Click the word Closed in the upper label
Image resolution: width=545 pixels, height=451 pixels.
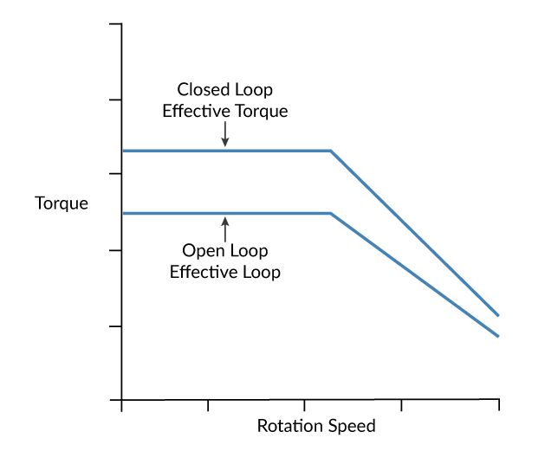[x=201, y=90]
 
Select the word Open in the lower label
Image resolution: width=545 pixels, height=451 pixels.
[x=200, y=251]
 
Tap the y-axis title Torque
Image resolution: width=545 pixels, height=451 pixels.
[x=62, y=205]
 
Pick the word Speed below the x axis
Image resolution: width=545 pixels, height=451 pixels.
[x=355, y=427]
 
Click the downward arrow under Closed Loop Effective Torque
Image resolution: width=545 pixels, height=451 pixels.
[x=225, y=133]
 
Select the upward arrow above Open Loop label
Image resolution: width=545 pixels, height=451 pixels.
[x=225, y=229]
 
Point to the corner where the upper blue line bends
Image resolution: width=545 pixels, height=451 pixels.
[x=331, y=151]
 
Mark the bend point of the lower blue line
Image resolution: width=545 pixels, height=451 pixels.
[x=331, y=213]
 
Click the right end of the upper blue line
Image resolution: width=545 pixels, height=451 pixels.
[x=498, y=315]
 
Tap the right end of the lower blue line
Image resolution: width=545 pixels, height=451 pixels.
[x=498, y=336]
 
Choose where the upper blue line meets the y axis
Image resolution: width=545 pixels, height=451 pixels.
[x=122, y=151]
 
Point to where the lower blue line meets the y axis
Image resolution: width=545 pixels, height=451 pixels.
[x=122, y=213]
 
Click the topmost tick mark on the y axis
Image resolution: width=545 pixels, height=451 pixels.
[x=115, y=24]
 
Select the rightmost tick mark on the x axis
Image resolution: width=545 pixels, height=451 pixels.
[x=498, y=405]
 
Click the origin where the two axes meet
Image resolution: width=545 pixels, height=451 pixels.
[x=122, y=401]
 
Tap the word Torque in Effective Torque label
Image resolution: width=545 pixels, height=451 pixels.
[x=260, y=111]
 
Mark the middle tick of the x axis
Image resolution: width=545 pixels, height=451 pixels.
[x=304, y=405]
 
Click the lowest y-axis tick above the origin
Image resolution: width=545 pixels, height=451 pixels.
[x=115, y=326]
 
